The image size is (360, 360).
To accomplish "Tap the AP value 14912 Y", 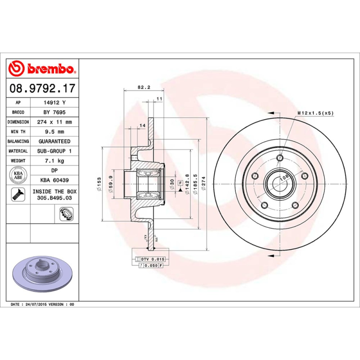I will tap(54, 103).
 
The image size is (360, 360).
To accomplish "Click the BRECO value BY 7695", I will tap(54, 112).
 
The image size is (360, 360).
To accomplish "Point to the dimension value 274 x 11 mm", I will tap(54, 122).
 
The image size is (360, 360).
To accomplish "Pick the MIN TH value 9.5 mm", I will tap(54, 132).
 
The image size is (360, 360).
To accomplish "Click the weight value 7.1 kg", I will tap(54, 161).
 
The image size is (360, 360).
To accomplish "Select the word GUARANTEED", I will tap(54, 141).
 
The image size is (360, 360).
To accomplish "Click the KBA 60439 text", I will tap(54, 180).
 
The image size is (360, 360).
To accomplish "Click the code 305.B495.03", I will tap(54, 198).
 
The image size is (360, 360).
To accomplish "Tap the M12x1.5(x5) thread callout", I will tap(315, 113).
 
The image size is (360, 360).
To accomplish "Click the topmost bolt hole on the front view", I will tap(280, 157).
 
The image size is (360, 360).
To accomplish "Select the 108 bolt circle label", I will tap(283, 178).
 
